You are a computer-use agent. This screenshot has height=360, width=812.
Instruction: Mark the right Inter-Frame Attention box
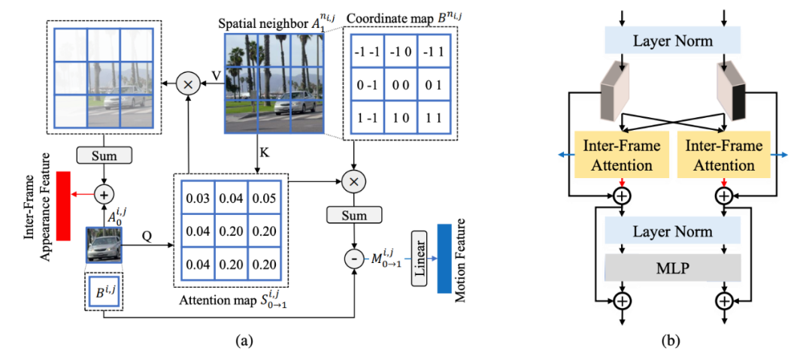(723, 155)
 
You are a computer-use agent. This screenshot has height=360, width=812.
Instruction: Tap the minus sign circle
(352, 259)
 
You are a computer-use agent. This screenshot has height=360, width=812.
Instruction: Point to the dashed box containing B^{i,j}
(103, 292)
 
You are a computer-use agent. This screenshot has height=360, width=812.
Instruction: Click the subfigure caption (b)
(671, 340)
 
